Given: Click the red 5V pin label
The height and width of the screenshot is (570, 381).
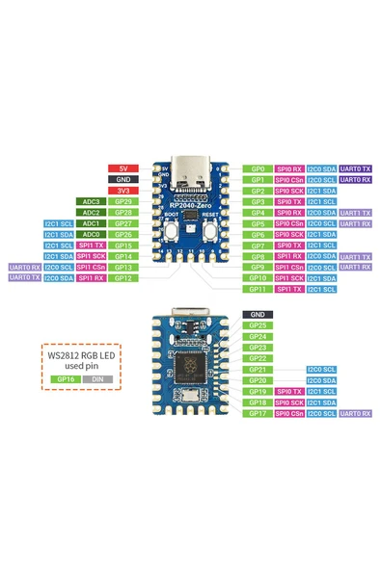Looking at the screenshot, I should (122, 168).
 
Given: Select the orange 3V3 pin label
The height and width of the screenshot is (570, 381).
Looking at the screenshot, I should (122, 191).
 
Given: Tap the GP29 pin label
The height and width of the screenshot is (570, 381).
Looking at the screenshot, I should (122, 201).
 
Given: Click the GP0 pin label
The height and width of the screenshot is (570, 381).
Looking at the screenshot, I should (258, 168).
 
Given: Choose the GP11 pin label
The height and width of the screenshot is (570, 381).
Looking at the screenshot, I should (258, 289).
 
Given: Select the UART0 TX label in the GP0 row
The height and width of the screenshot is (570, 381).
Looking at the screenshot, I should (354, 168).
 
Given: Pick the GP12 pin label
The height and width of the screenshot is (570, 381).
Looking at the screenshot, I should (122, 277).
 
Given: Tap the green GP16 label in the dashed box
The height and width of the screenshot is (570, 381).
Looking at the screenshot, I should (66, 379).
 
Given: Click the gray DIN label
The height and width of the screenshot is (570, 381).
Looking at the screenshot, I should (96, 379).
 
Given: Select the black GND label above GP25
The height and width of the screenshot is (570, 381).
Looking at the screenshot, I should (258, 315).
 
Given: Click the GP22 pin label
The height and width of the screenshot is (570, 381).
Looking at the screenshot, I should (258, 358).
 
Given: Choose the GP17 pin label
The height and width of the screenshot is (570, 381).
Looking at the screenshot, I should (258, 413).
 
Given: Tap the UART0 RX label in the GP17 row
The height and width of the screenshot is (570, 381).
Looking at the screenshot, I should (354, 413).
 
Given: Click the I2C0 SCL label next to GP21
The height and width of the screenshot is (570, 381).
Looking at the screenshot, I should (321, 370).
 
